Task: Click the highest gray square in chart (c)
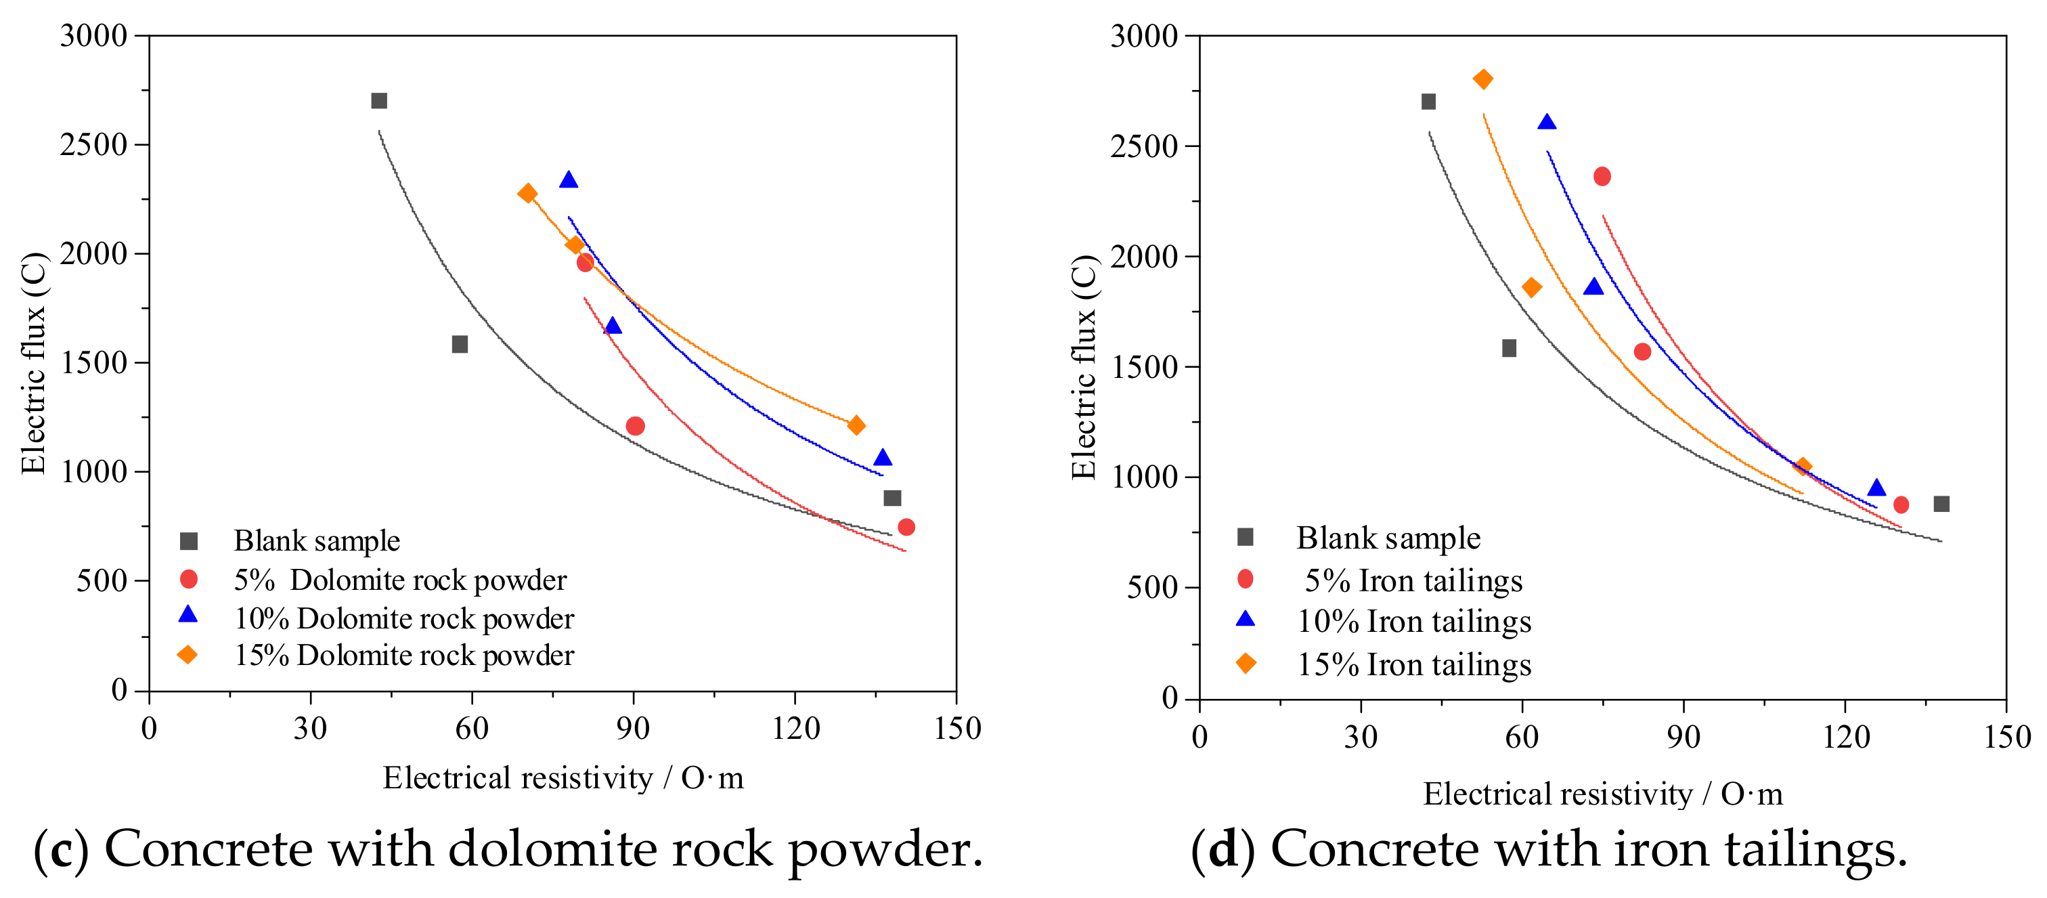(379, 101)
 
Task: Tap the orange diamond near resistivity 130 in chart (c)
(856, 425)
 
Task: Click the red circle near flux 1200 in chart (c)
(635, 426)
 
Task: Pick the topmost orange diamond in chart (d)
(1483, 79)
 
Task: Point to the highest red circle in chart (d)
(1602, 177)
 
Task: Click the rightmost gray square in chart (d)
(1941, 504)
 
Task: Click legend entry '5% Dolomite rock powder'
(399, 580)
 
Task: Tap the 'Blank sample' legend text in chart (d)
(1388, 538)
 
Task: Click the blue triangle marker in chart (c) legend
(188, 615)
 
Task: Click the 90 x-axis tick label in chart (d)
(1683, 737)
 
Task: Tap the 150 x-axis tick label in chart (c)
(956, 728)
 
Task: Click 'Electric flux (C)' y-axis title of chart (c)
(33, 363)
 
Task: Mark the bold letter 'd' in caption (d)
(1223, 849)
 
